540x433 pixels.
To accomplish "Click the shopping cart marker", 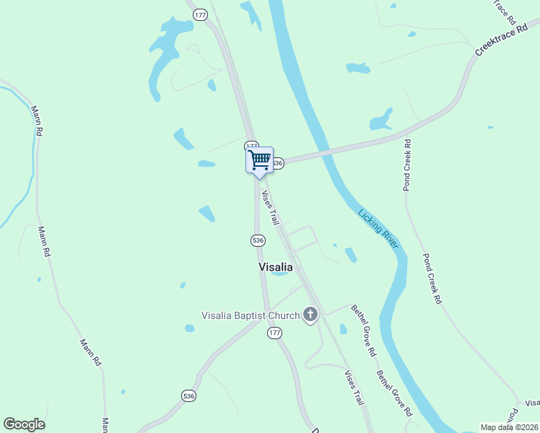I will (259, 159).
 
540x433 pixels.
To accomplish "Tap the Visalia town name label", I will (276, 267).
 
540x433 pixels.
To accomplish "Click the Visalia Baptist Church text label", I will (250, 315).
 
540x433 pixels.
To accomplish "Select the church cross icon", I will (310, 314).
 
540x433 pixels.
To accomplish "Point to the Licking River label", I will (378, 228).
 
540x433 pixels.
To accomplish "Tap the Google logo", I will (24, 424).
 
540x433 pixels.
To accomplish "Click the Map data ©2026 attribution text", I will (510, 427).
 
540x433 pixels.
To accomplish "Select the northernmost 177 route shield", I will (201, 14).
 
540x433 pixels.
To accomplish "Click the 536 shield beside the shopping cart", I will (277, 164).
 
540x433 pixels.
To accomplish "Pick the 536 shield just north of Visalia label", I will (258, 240).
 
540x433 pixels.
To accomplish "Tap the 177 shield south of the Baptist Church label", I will (274, 333).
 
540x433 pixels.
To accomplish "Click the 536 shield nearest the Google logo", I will (188, 395).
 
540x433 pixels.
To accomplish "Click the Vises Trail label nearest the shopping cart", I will (269, 207).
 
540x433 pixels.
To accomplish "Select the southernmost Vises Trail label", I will (354, 388).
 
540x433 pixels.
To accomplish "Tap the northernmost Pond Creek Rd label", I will (407, 165).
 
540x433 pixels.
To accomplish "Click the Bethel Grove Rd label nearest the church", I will (364, 331).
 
